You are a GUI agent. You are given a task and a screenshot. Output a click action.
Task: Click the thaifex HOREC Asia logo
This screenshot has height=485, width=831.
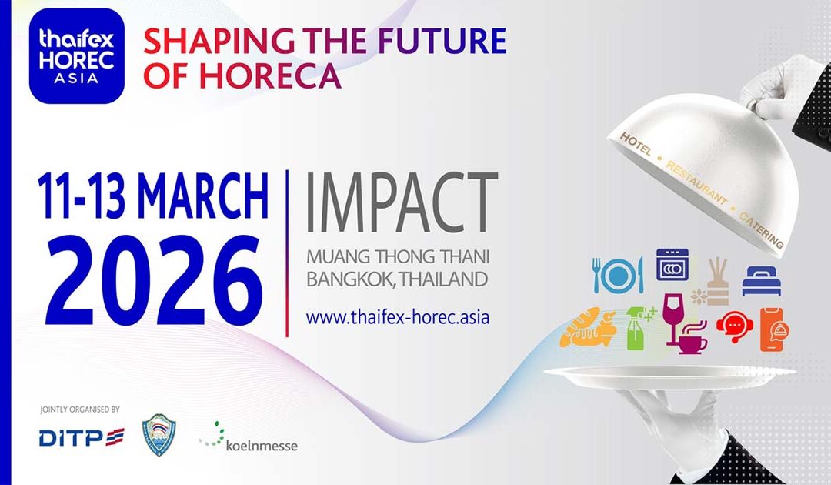click(x=77, y=55)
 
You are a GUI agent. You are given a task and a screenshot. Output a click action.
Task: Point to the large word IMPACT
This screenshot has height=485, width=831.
click(x=401, y=202)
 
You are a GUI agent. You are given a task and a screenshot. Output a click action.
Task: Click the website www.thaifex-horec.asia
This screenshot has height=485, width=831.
click(x=398, y=316)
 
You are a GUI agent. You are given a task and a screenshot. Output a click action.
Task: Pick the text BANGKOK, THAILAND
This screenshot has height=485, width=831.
click(x=398, y=279)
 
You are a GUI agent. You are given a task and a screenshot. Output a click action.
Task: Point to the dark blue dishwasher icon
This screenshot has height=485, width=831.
click(x=672, y=266)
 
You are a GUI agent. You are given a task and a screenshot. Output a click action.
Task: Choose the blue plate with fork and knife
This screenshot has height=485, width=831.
click(x=617, y=275)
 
